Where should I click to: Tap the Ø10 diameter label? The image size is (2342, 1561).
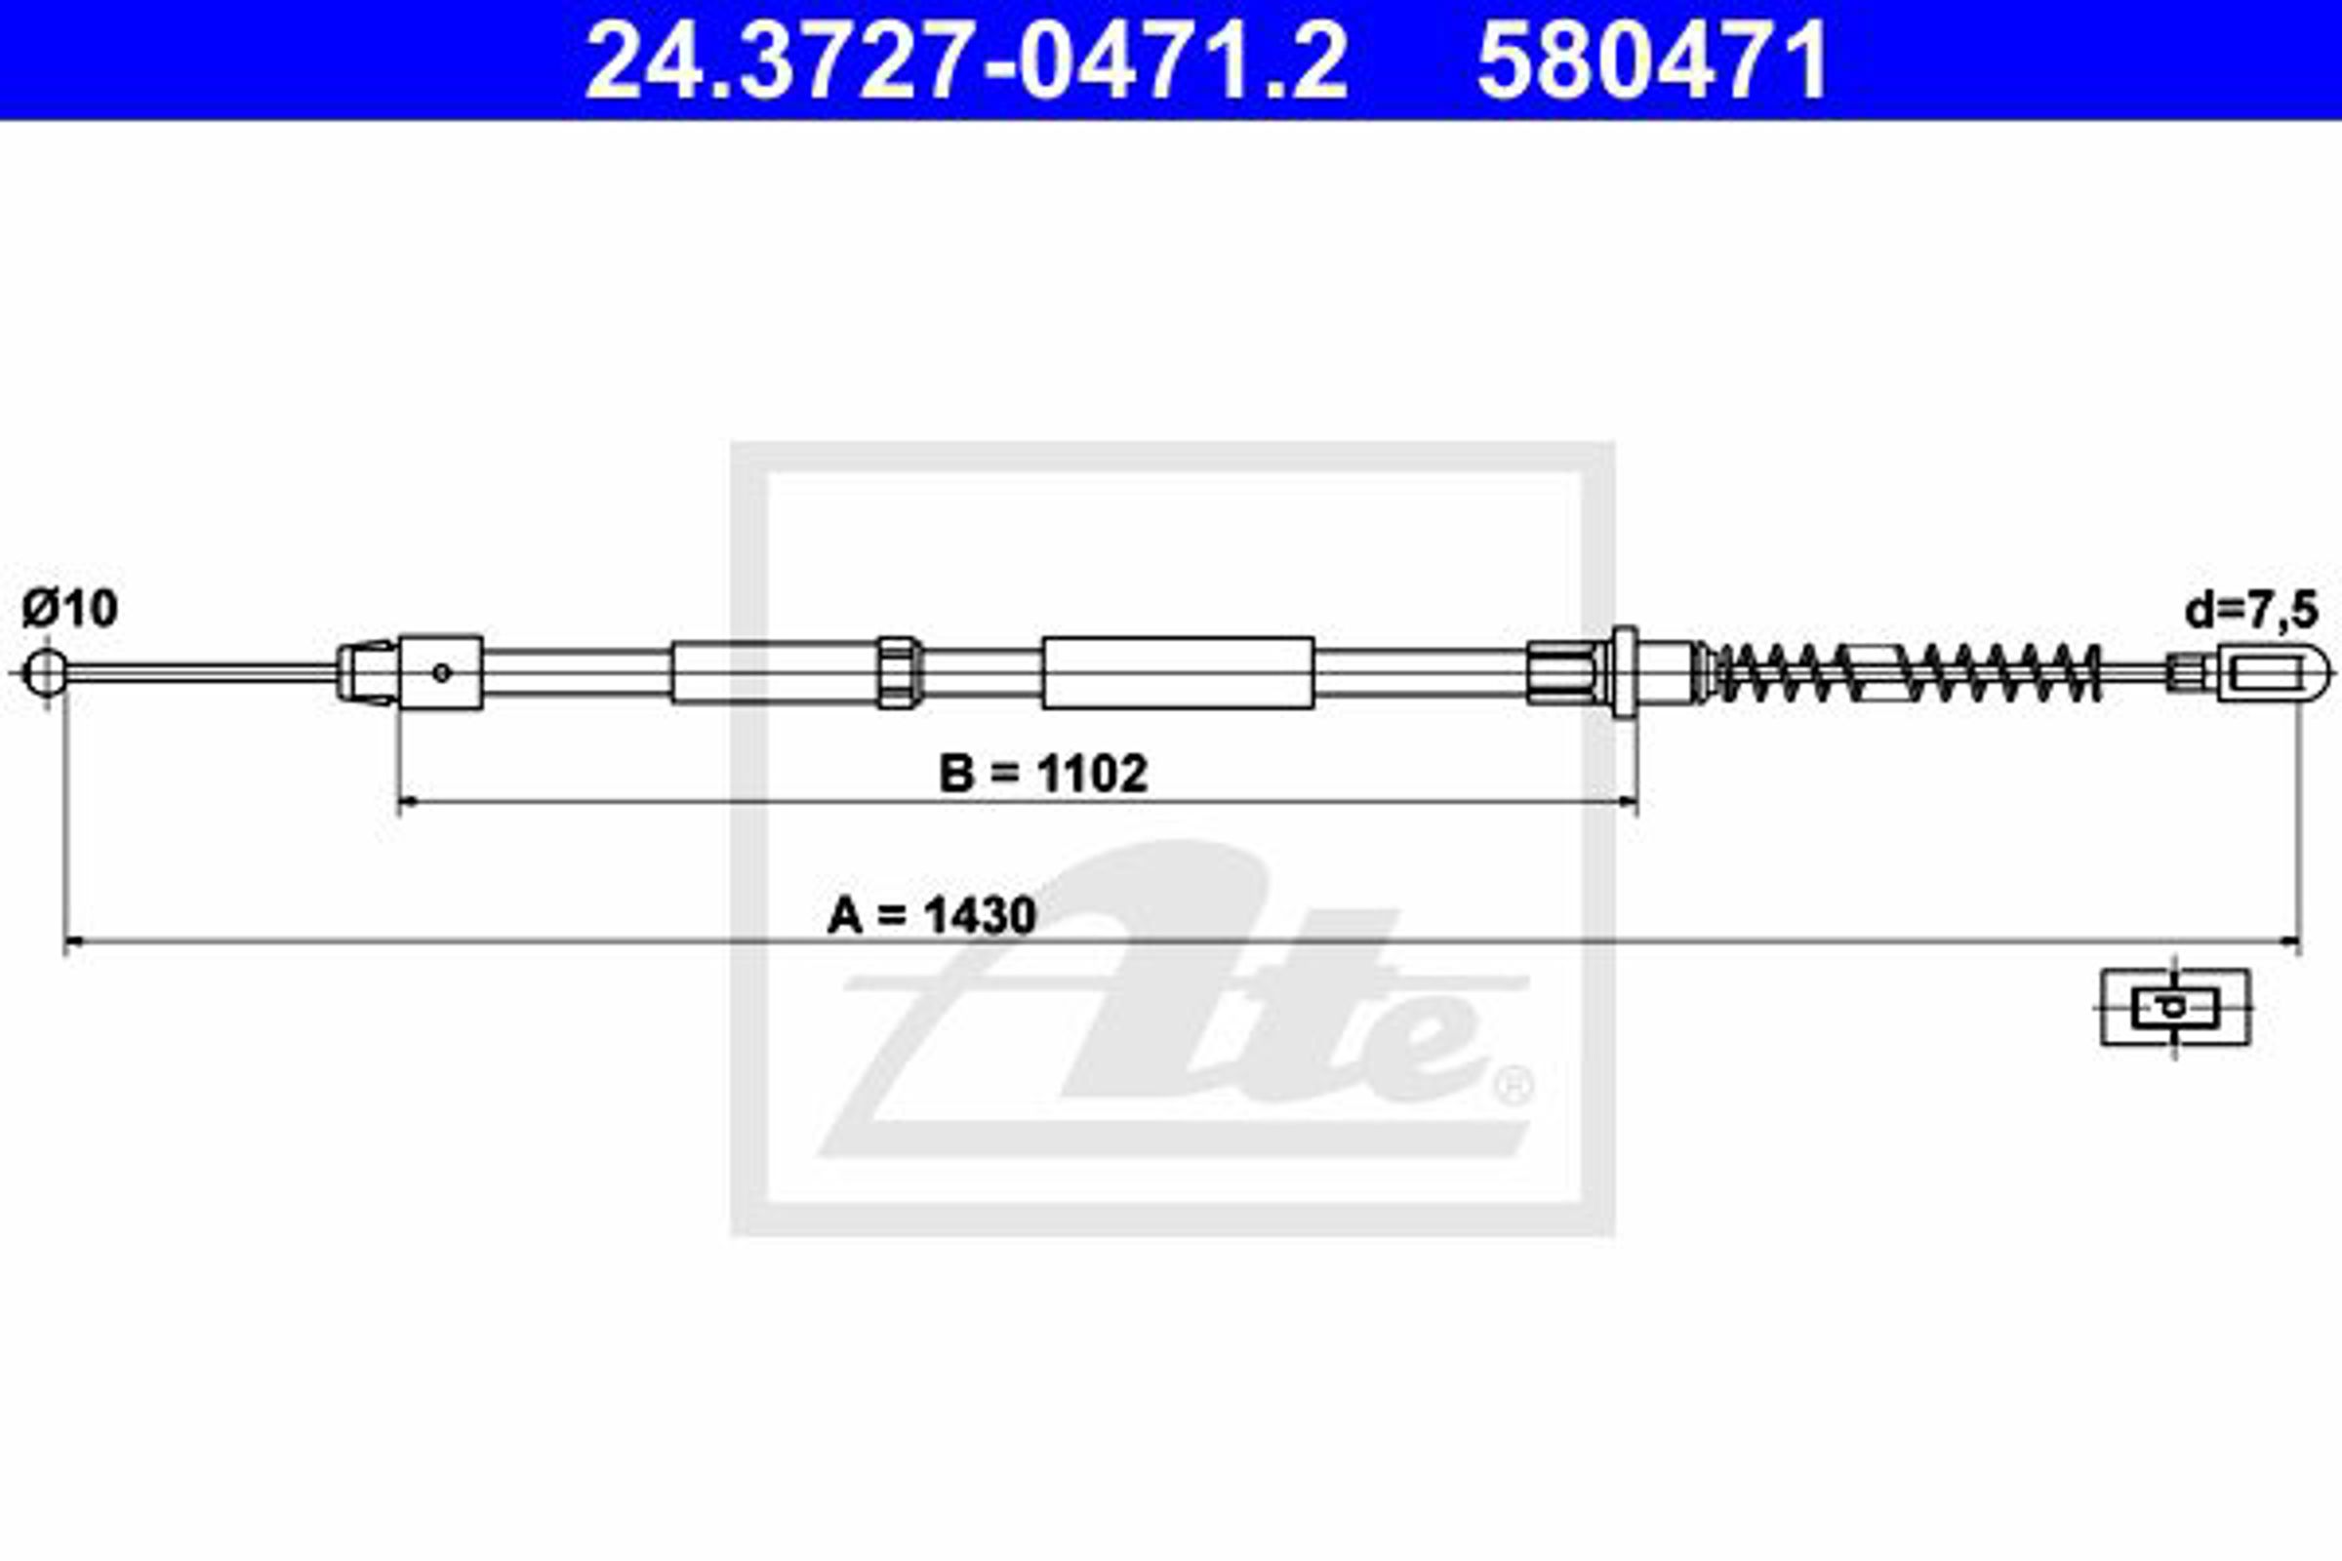click(x=69, y=608)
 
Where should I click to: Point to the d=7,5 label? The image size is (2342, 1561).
click(x=2251, y=611)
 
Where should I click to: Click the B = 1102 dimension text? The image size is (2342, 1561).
click(x=1043, y=774)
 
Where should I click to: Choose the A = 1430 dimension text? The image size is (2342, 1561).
click(x=932, y=915)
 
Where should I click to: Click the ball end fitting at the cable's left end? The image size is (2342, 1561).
click(x=45, y=673)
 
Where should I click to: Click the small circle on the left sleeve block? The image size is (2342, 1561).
click(x=442, y=673)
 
